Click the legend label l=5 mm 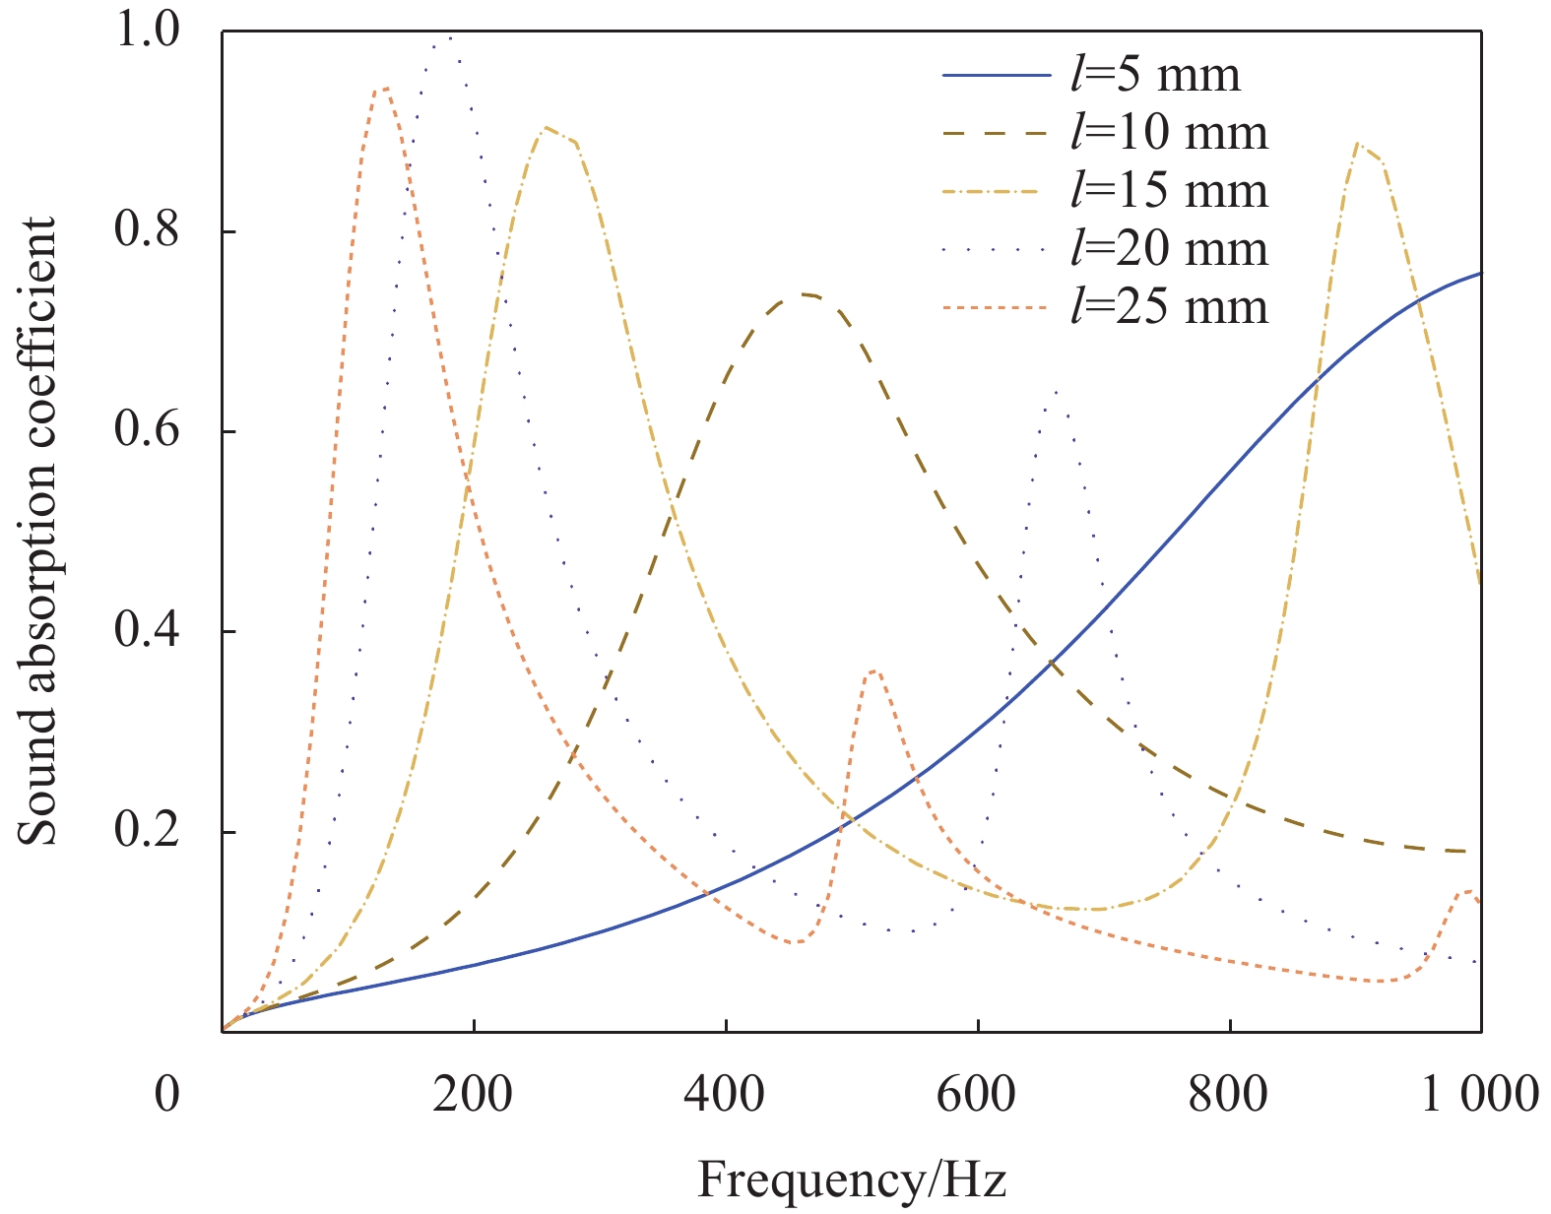click(x=1155, y=75)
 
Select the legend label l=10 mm click(x=1169, y=133)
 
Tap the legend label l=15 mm click(x=1169, y=191)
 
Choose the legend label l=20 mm click(x=1169, y=249)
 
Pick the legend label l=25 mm click(x=1169, y=307)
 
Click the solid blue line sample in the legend click(x=996, y=76)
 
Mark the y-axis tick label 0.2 click(x=147, y=832)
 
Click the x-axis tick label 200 click(x=474, y=1094)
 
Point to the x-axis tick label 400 click(x=726, y=1094)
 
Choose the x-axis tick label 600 click(x=977, y=1094)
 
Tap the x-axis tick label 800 click(x=1229, y=1094)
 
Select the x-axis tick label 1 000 click(x=1478, y=1094)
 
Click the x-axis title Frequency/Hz click(x=852, y=1179)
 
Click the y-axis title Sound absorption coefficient click(x=39, y=532)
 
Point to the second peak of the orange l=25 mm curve click(x=873, y=671)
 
